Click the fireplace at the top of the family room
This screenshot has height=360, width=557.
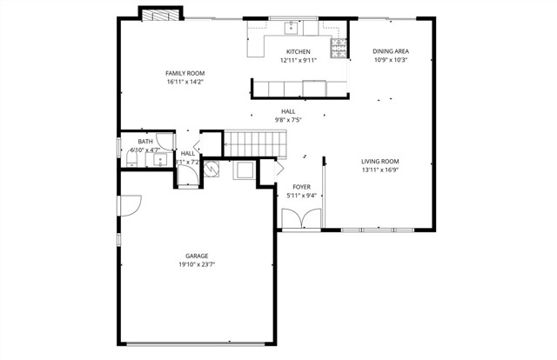tap(161, 14)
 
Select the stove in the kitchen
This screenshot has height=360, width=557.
tap(336, 45)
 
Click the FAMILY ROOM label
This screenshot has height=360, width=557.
tap(185, 73)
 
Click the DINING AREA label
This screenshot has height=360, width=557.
tap(391, 51)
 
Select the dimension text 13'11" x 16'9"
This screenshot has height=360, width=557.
tap(380, 171)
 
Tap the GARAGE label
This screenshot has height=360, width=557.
tap(196, 256)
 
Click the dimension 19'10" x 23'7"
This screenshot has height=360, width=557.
tap(196, 264)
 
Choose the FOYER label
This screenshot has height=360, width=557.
tap(301, 186)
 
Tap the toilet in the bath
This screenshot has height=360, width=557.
tap(125, 150)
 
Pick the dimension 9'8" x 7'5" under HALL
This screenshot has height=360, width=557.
tap(287, 120)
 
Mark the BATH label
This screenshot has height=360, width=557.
tap(145, 142)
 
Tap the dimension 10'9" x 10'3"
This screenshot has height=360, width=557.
tap(391, 61)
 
